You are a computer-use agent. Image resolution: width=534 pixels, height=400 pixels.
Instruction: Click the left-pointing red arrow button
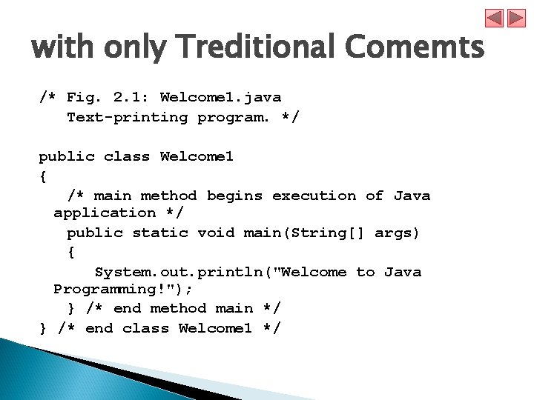[x=495, y=19]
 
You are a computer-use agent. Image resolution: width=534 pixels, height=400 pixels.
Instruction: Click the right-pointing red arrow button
[x=515, y=19]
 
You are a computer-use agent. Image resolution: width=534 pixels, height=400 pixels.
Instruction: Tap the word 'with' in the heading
[x=62, y=49]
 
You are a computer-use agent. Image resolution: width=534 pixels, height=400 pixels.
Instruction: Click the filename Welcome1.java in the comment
[x=220, y=97]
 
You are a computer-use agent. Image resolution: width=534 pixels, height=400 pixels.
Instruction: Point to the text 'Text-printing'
[x=127, y=117]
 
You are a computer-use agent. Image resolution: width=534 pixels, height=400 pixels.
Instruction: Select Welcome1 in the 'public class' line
[x=197, y=156]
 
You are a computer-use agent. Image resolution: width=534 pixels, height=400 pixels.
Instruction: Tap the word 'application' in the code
[x=105, y=213]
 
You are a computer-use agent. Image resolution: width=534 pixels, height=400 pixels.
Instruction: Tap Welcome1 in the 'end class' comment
[x=215, y=328]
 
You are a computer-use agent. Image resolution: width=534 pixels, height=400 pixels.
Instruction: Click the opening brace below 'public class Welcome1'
[x=43, y=176]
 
